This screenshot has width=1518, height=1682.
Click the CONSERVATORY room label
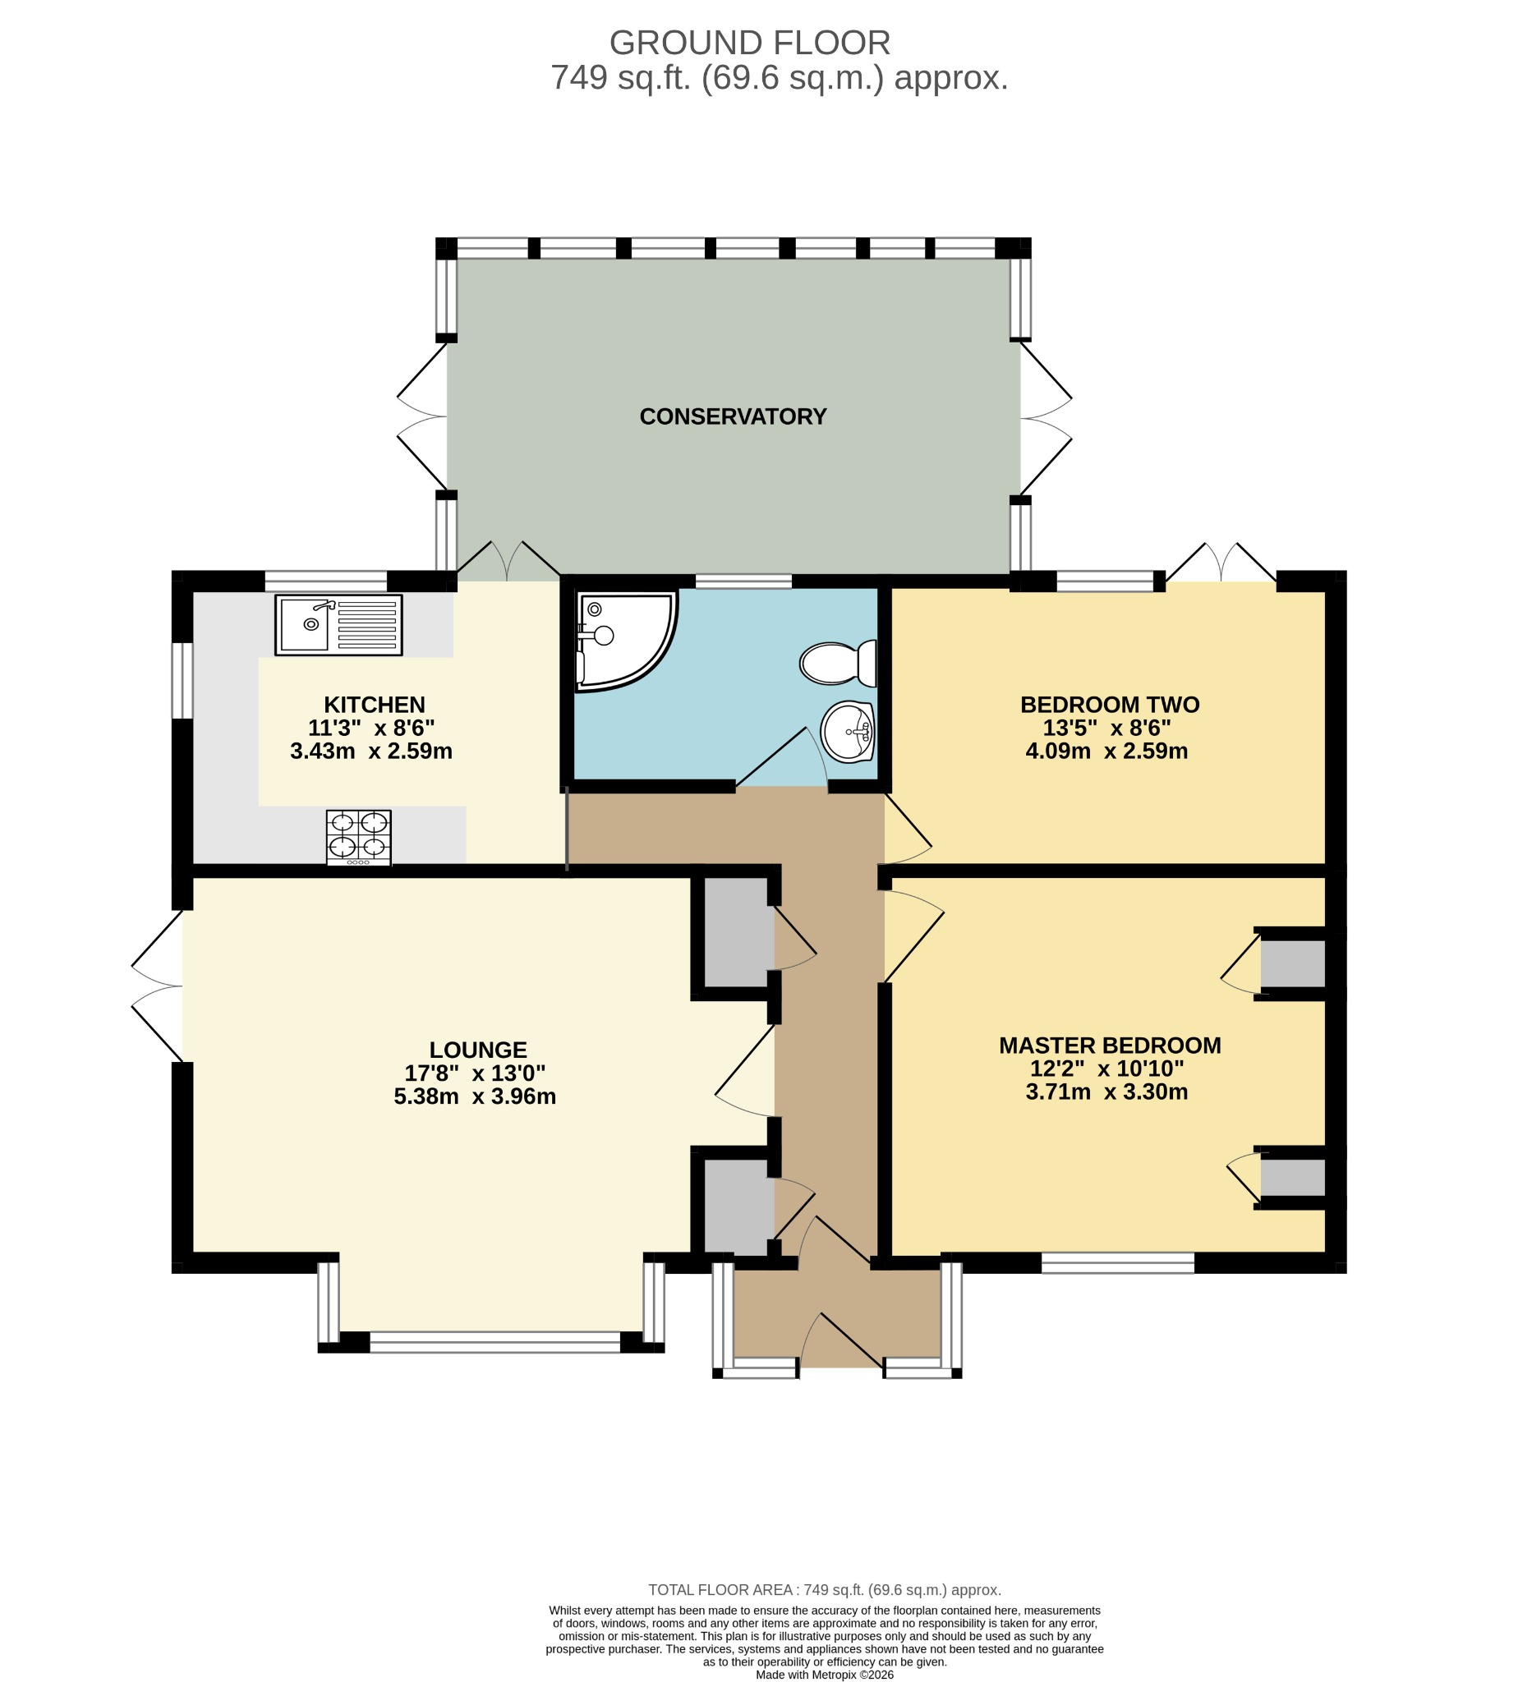point(733,416)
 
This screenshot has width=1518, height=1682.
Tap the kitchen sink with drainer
point(338,625)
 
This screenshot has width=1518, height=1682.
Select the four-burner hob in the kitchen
point(359,838)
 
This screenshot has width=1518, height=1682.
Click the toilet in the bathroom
point(838,663)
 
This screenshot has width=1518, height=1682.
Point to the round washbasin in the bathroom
point(848,731)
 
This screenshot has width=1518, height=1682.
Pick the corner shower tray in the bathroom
point(626,641)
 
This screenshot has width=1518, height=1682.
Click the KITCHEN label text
point(375,705)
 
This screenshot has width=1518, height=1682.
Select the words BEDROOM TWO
point(1109,705)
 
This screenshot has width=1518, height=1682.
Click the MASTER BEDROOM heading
point(1109,1046)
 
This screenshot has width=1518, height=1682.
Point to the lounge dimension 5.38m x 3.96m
point(475,1096)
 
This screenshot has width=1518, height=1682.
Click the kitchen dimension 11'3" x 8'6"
point(372,728)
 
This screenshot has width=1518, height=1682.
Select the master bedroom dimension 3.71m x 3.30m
point(1106,1092)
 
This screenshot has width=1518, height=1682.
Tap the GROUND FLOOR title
point(750,43)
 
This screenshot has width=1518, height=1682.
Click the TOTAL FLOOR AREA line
point(825,1590)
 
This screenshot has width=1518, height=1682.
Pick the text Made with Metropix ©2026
point(825,1675)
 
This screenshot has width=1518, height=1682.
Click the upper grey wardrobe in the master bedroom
point(1292,963)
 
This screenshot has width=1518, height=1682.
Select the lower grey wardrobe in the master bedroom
point(1292,1177)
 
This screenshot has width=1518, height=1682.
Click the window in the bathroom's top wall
point(743,581)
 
